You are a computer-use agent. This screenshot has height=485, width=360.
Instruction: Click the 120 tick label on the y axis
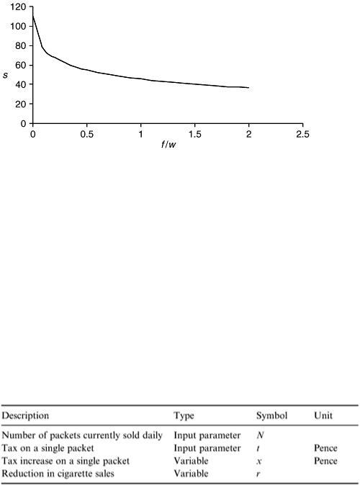(x=17, y=6)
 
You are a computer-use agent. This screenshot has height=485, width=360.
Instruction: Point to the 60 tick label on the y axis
(x=21, y=65)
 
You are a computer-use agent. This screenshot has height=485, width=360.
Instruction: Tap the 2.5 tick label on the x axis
(x=302, y=134)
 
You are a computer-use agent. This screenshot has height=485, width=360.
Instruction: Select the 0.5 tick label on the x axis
(x=87, y=134)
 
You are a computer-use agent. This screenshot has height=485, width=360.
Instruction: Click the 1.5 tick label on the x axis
(x=194, y=134)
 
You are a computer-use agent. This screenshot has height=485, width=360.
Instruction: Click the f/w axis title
(x=168, y=144)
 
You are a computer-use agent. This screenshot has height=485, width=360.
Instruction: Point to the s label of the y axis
(x=5, y=75)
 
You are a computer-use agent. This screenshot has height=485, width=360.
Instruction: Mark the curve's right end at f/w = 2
(x=248, y=87)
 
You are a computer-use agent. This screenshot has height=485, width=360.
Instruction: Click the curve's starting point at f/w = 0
(x=32, y=14)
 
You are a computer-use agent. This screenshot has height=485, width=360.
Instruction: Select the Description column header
(x=25, y=415)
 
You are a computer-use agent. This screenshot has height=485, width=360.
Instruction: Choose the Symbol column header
(x=271, y=416)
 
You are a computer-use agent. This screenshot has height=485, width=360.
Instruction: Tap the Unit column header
(x=323, y=415)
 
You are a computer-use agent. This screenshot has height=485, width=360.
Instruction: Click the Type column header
(x=184, y=416)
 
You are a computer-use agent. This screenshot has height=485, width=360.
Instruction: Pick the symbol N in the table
(x=260, y=435)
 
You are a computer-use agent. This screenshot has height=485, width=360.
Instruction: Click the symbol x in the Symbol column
(x=259, y=461)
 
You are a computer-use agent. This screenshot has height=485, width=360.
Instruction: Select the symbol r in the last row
(x=258, y=474)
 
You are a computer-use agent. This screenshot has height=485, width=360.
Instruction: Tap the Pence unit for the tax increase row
(x=325, y=461)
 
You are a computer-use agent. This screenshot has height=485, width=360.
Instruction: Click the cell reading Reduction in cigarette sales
(x=58, y=473)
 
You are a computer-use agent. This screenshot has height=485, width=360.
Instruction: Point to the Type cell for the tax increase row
(x=191, y=461)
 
